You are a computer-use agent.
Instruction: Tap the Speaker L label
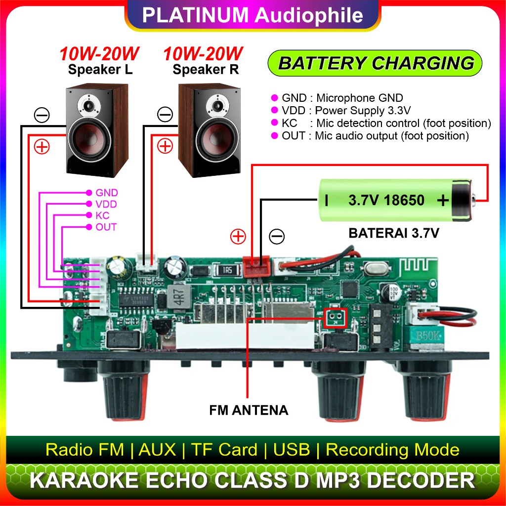coord(100,70)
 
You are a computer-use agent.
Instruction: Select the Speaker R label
coord(205,70)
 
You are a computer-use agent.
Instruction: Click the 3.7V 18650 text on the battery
coord(386,200)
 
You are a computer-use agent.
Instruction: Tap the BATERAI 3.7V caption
coord(393,233)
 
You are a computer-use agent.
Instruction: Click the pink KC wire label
coord(103,216)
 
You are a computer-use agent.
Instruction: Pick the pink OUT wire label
coord(106,227)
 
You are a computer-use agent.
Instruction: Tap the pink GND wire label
coord(107,193)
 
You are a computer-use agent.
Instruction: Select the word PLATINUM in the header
coord(195,15)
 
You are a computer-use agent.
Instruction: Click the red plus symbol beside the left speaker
coord(42,147)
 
